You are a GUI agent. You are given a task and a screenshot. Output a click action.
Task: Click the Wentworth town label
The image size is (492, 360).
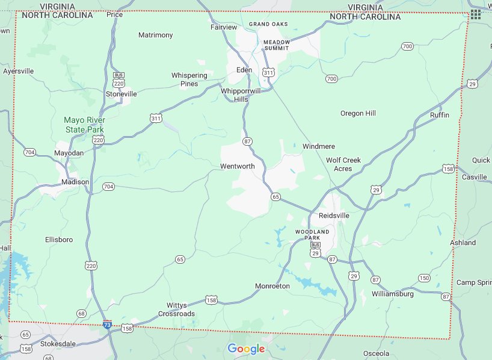coord(237,166)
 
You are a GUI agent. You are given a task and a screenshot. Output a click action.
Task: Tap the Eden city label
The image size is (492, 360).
coord(244,70)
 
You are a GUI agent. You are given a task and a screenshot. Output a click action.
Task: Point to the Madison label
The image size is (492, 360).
coord(75,182)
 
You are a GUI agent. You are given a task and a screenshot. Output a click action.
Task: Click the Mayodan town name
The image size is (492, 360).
coord(69,153)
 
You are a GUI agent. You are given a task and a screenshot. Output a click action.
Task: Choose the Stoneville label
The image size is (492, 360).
coord(121,94)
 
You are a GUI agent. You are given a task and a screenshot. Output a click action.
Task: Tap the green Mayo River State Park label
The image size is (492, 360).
coord(84,125)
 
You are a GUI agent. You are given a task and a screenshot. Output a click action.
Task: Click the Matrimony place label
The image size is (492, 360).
coord(155,35)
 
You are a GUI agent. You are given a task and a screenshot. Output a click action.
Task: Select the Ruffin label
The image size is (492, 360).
coord(440,115)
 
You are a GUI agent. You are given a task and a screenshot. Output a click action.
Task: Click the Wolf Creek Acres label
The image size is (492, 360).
coord(343,164)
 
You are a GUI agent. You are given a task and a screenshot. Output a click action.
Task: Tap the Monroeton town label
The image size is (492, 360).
coord(272,286)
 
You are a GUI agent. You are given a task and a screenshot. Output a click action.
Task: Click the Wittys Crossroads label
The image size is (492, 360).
coord(176,309)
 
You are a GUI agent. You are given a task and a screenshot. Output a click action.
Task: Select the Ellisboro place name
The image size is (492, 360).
coord(59,240)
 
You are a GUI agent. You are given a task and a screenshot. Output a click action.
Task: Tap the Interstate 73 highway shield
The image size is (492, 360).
coord(107,324)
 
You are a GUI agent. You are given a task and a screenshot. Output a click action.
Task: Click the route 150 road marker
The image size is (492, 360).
coord(424,278)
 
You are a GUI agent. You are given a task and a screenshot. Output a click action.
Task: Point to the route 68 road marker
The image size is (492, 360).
coord(81,313)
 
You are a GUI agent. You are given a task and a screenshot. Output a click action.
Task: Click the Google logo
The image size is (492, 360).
coord(246,349)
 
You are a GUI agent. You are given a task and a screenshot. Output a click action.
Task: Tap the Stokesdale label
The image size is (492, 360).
coord(60,344)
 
